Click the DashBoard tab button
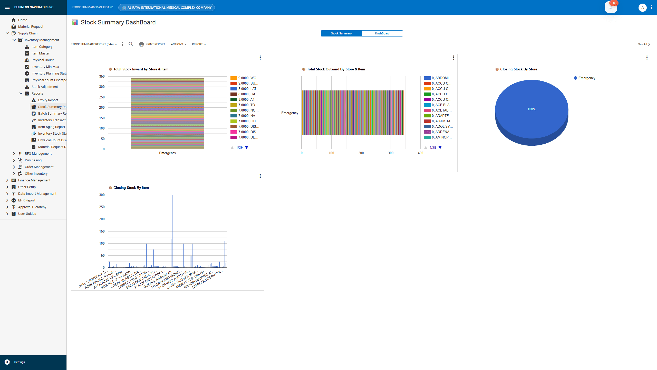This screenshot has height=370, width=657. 382,33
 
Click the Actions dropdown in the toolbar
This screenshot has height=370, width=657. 179,44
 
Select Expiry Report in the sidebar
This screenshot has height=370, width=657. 48,100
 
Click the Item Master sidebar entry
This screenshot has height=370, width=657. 40,53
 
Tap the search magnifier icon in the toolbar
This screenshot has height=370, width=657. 131,44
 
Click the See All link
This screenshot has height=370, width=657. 644,44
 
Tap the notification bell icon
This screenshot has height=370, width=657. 611,7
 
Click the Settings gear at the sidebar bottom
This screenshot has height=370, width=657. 7,362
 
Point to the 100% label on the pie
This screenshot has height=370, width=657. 532,109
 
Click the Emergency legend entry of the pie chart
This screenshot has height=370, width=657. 586,78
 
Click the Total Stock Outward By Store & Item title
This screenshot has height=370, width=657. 336,69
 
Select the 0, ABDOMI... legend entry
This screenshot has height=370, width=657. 441,78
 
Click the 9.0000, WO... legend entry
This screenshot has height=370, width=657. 248,78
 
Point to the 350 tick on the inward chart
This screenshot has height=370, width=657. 102,77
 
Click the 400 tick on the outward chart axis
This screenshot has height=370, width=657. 420,153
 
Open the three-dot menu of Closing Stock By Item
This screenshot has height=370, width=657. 260,176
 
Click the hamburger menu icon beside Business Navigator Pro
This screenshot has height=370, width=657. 7,7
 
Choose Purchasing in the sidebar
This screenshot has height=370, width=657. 33,160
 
